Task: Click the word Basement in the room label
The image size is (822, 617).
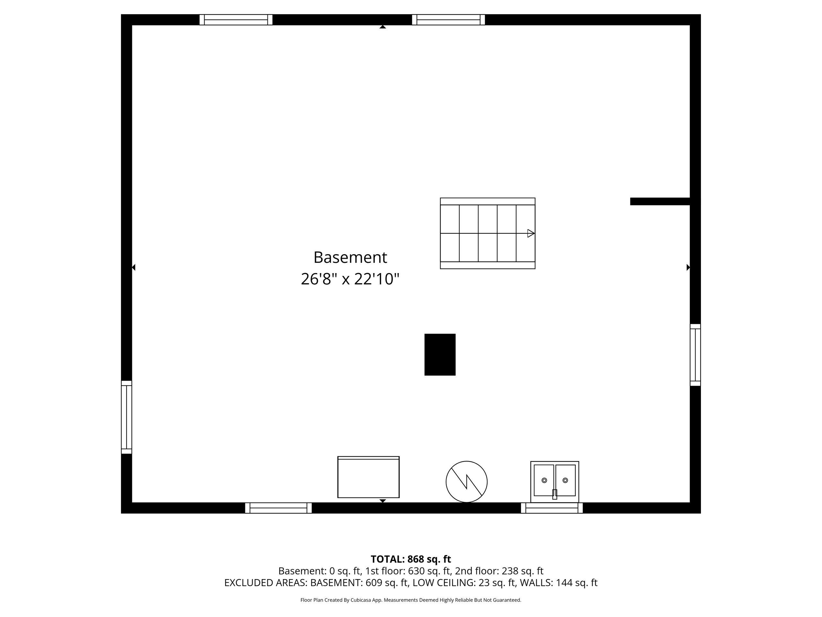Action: (x=350, y=257)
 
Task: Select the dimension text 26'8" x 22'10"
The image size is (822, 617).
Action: (x=350, y=279)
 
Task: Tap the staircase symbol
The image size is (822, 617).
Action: (x=487, y=233)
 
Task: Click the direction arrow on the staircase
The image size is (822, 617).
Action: (x=531, y=233)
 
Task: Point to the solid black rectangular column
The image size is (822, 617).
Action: (x=440, y=354)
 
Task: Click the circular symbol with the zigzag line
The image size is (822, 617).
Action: (x=466, y=482)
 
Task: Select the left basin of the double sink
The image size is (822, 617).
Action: (x=544, y=480)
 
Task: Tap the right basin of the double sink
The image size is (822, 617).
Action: (x=565, y=480)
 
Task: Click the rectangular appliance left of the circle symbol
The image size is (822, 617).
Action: (x=368, y=477)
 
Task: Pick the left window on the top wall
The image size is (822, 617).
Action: (x=236, y=20)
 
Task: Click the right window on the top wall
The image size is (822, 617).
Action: (x=449, y=20)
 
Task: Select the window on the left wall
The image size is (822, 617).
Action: (x=126, y=417)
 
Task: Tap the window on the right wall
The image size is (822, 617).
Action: (x=695, y=355)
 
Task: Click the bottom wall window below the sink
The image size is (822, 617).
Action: (x=552, y=508)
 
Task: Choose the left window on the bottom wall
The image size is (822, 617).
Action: (x=278, y=508)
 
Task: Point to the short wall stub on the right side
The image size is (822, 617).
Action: (x=660, y=201)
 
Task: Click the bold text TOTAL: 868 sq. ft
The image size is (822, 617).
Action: (x=411, y=559)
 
